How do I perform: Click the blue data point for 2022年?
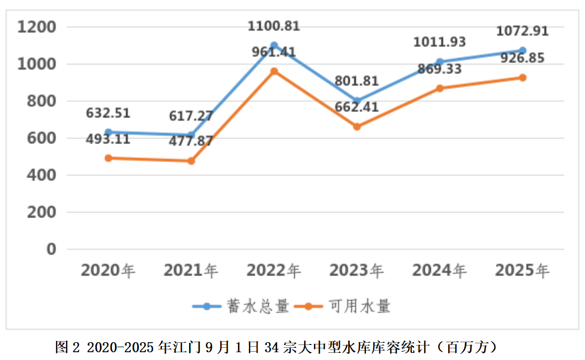274,46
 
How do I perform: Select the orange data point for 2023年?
357,127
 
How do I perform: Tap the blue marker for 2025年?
523,51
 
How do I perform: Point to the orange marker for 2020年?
108,158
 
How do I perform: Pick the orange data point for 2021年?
191,161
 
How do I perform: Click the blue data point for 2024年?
440,62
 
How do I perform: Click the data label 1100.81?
274,26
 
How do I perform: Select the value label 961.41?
274,52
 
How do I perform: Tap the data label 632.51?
108,113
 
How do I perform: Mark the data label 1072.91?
523,31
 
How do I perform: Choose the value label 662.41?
356,106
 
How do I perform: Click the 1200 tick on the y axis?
37,27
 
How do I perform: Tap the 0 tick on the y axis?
51,249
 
